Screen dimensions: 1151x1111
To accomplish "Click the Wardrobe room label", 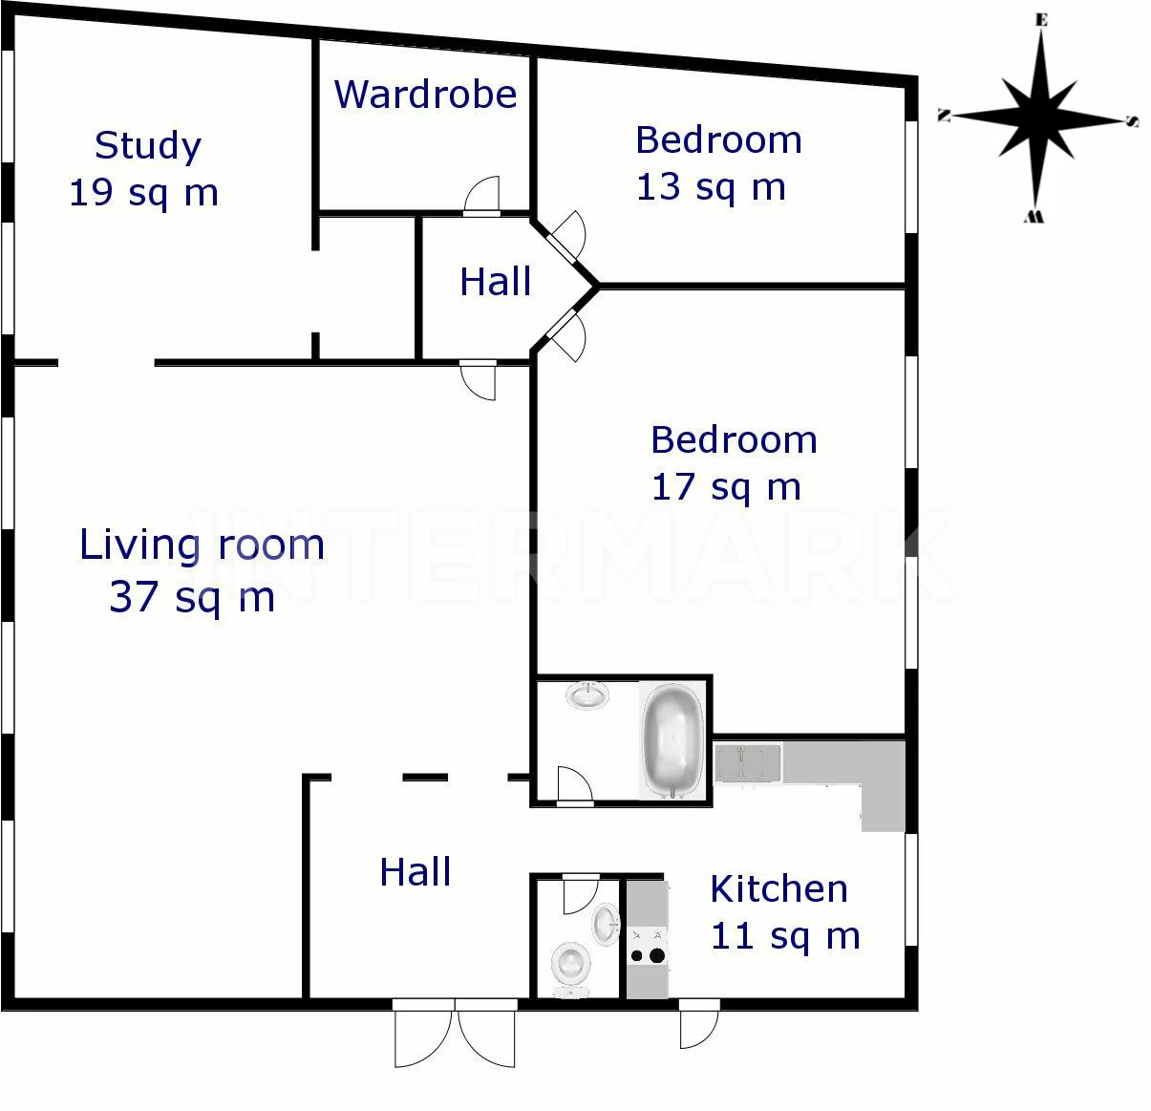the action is [x=425, y=94].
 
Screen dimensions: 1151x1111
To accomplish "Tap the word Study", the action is [x=148, y=146].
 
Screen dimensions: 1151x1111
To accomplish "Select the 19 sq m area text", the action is [x=143, y=192].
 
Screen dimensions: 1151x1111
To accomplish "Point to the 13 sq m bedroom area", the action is [x=711, y=187].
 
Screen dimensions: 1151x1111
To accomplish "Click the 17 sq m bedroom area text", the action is [x=726, y=487].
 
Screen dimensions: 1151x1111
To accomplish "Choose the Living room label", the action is [x=202, y=545].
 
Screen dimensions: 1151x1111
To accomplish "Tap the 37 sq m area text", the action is [x=192, y=597].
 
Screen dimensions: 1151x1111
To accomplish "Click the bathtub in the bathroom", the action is [x=673, y=740].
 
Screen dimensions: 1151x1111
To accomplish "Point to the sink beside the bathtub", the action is [x=587, y=695].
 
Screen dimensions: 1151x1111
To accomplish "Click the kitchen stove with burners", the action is [x=649, y=946].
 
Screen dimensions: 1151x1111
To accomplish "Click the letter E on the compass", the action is [x=1042, y=21].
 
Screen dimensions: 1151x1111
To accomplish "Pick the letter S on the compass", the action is [x=1132, y=121].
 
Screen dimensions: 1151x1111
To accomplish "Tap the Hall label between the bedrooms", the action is [x=495, y=282].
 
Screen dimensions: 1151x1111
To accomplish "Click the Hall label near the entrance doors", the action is [x=416, y=872].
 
